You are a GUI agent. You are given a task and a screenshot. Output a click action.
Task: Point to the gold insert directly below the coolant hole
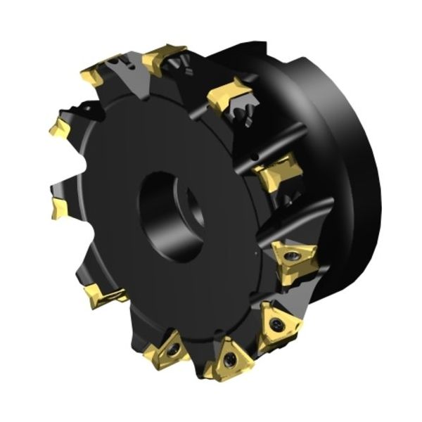click(278, 172)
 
